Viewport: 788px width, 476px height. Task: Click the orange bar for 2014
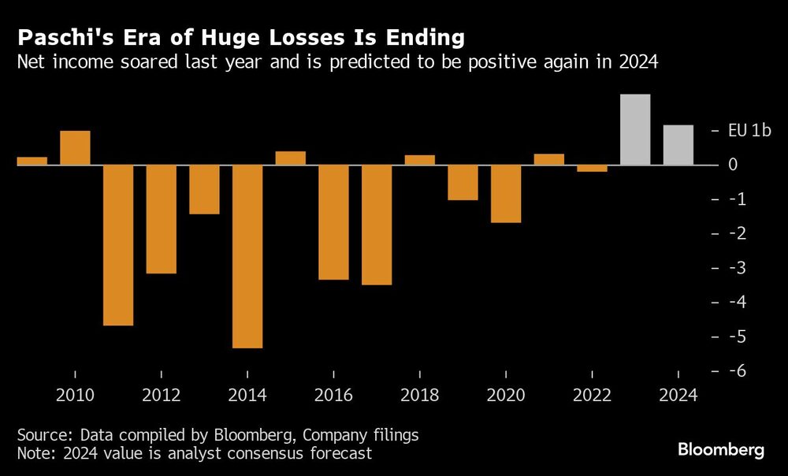click(x=247, y=256)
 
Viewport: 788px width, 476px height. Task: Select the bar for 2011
click(x=118, y=245)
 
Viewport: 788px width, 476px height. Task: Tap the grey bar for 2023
click(x=635, y=130)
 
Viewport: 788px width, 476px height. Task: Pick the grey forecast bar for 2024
click(x=678, y=145)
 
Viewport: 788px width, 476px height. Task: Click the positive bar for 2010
click(x=75, y=148)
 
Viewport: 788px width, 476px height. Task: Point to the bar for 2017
click(x=377, y=225)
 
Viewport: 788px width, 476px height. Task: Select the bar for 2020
click(x=506, y=194)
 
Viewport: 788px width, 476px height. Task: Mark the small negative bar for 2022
click(x=592, y=168)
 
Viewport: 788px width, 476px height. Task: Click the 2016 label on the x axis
click(x=333, y=396)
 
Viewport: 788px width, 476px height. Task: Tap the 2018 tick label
click(x=419, y=396)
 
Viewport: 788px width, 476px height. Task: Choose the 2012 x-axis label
click(x=161, y=396)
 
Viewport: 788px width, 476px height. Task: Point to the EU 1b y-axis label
click(x=749, y=131)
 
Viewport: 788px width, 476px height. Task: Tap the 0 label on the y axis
click(x=732, y=165)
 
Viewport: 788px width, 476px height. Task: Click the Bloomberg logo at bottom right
click(x=721, y=450)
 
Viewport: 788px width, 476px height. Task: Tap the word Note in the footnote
click(x=35, y=453)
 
